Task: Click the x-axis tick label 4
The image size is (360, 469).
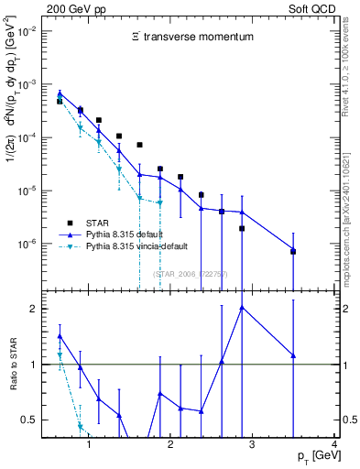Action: [x=334, y=445]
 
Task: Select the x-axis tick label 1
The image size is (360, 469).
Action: [x=89, y=445]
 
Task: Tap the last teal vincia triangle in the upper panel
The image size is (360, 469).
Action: [x=160, y=203]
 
